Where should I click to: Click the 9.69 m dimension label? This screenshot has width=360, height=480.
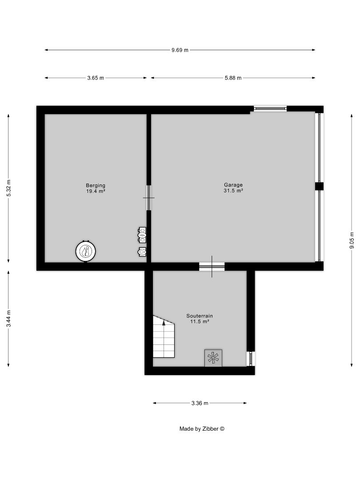(180, 50)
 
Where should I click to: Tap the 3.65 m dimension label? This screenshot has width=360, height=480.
(96, 78)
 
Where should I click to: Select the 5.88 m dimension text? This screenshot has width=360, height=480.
(233, 78)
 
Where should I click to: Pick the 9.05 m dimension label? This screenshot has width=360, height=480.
(352, 240)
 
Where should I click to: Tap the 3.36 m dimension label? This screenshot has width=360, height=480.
(200, 403)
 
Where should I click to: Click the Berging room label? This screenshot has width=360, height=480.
(96, 185)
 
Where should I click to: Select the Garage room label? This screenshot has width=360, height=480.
(233, 184)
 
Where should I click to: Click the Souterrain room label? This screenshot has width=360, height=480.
(200, 316)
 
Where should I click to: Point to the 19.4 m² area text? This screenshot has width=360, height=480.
(96, 191)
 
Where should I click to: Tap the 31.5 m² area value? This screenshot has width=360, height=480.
(233, 191)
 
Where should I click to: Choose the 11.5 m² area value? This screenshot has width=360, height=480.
(200, 321)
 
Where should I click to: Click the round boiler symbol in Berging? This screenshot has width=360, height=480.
(86, 252)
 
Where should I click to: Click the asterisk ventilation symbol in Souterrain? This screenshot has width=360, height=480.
(213, 358)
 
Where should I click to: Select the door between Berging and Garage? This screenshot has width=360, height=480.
(149, 198)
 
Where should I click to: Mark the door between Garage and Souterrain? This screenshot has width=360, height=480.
(212, 267)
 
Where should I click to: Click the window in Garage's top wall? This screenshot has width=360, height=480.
(270, 108)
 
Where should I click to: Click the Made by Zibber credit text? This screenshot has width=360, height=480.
(202, 429)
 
